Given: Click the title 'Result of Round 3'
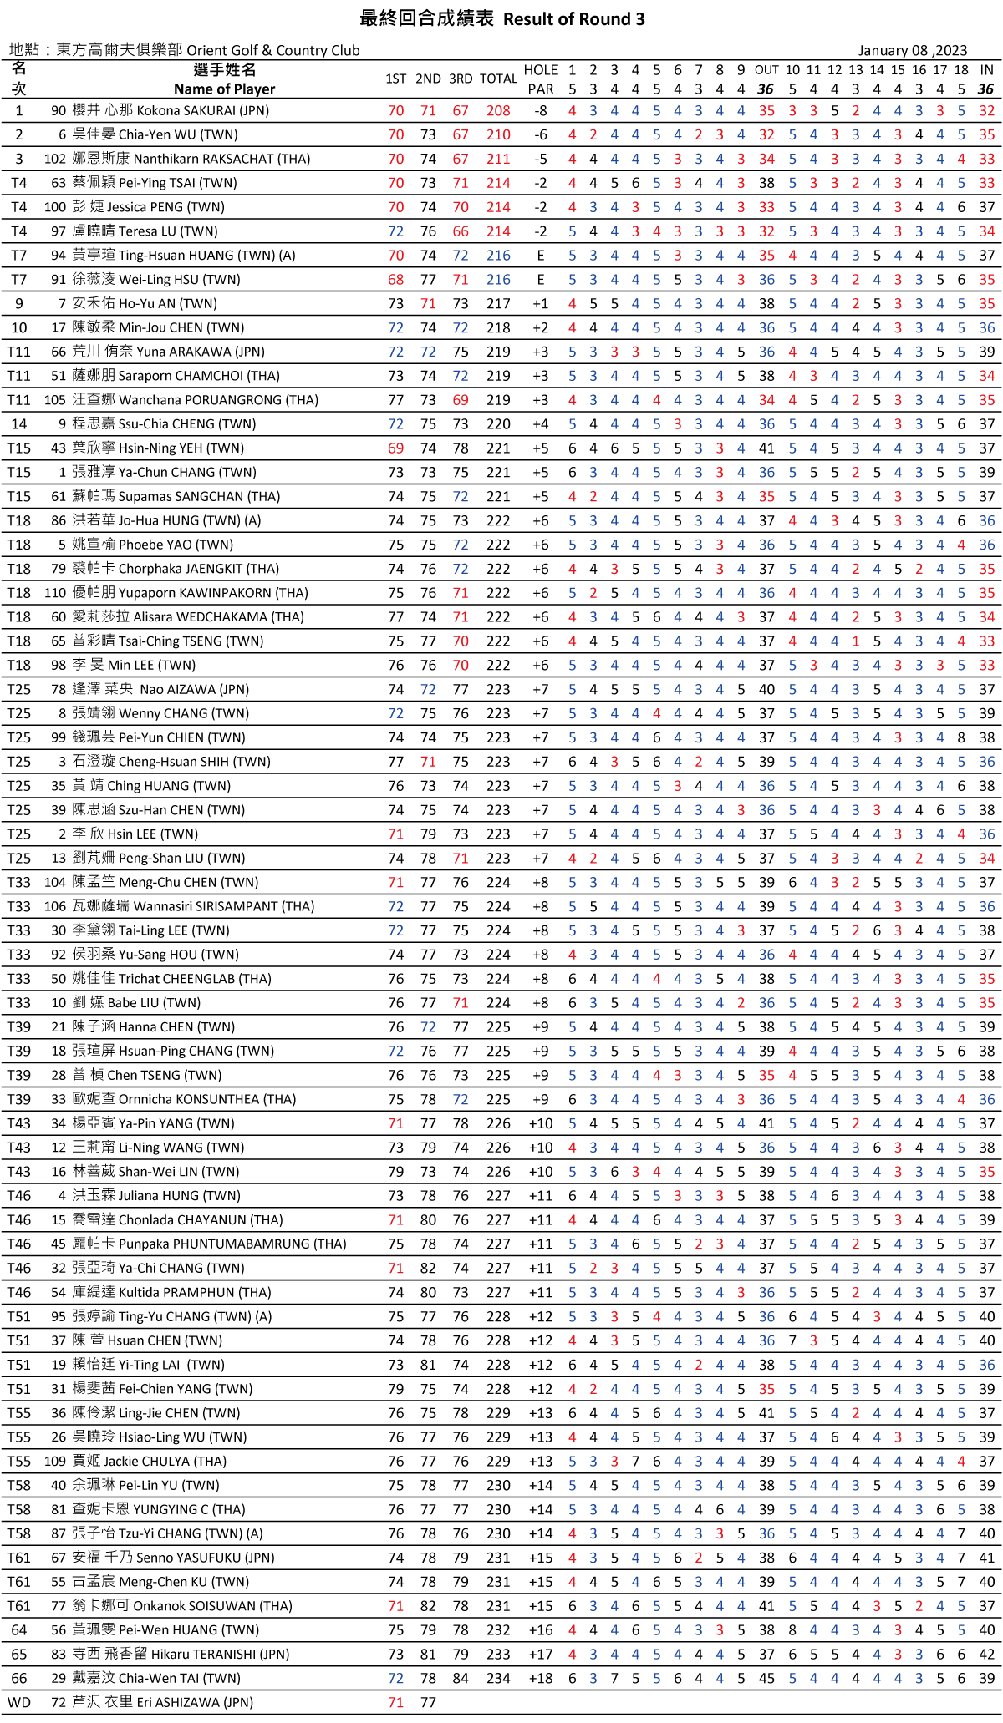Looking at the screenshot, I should point(574,19).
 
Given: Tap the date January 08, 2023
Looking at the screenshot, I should point(912,51).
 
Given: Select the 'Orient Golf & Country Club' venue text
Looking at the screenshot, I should point(273,51).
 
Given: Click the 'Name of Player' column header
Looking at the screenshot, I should point(224,89).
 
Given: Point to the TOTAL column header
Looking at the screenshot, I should point(498,79).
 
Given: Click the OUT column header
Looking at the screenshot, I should point(766,70).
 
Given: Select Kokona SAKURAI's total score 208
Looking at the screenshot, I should point(498,111).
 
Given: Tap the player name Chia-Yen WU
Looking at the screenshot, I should point(178,135).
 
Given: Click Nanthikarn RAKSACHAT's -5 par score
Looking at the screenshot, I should point(541,160).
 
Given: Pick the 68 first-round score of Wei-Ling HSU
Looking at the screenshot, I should point(395,280).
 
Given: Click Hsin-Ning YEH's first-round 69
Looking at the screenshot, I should point(395,448).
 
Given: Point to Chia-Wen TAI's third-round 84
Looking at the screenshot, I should point(461,1679).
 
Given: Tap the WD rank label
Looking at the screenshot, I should point(18,1703).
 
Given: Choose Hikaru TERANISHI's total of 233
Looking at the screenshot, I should point(498,1655).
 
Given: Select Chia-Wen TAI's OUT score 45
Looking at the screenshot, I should point(766,1679).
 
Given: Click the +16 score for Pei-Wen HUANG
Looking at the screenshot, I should point(541,1630).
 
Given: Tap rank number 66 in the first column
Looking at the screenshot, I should point(18,1679).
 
